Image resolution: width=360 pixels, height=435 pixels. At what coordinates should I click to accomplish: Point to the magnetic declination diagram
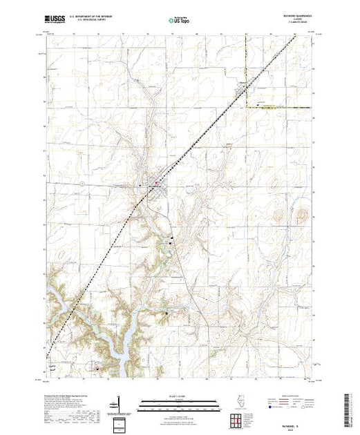coord(122,404)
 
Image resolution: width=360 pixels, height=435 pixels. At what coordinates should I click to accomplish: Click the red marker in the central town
coord(158,183)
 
